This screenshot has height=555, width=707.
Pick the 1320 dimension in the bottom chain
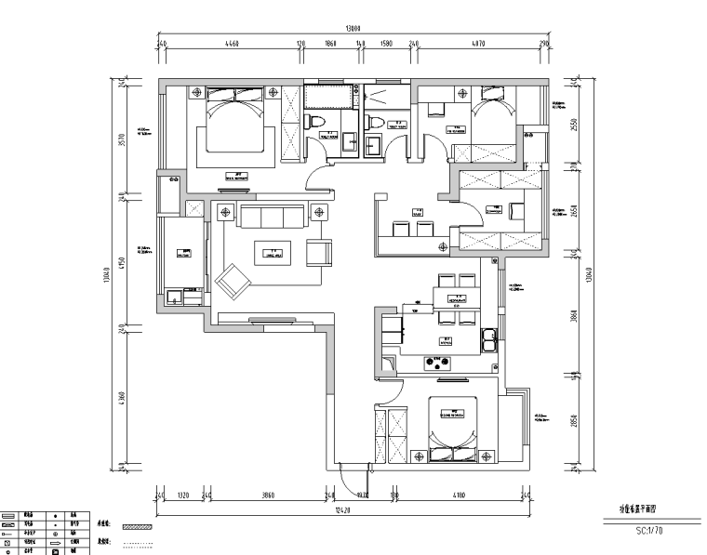(x=183, y=496)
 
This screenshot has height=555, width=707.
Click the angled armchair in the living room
(x=233, y=279)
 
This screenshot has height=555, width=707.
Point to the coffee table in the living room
(x=273, y=252)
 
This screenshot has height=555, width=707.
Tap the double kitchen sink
(x=488, y=339)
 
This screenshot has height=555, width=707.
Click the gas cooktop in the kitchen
(x=437, y=362)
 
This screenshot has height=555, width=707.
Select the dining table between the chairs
(x=456, y=299)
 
